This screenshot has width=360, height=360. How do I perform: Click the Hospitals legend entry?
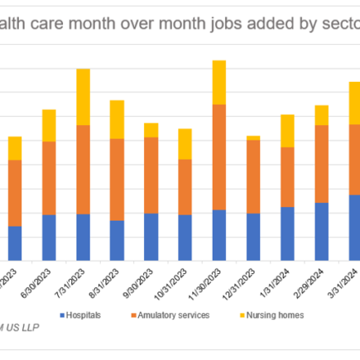[80, 314]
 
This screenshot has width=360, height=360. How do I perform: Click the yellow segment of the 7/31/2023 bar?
[94, 97]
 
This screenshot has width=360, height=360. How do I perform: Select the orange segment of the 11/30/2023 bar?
[218, 157]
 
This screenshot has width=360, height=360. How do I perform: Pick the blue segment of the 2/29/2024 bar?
[321, 232]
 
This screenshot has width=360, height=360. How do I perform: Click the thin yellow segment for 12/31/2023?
[252, 137]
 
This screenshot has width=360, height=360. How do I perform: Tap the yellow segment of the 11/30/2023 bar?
[218, 82]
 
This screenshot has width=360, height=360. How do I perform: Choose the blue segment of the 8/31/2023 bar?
[117, 241]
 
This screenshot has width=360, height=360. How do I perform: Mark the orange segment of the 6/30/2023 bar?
[49, 178]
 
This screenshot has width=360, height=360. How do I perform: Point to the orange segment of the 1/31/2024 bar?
[286, 177]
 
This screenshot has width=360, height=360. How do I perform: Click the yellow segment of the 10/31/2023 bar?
[185, 144]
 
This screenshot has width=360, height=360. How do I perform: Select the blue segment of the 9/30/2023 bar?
[151, 237]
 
